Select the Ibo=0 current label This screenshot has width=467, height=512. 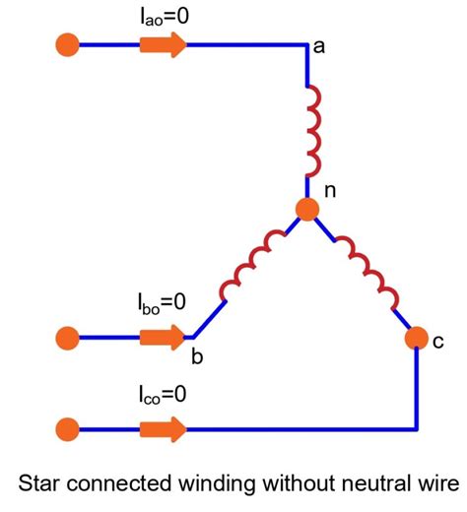pyautogui.click(x=162, y=305)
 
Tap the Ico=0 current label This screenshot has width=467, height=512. pyautogui.click(x=162, y=396)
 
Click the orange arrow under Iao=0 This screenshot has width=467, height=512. pyautogui.click(x=164, y=45)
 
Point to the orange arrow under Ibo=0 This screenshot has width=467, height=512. pyautogui.click(x=164, y=338)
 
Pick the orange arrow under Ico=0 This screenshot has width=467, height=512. pyautogui.click(x=164, y=429)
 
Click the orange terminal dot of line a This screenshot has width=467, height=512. pyautogui.click(x=67, y=45)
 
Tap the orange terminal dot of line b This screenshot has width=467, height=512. pyautogui.click(x=67, y=338)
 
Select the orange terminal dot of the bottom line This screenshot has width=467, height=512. pyautogui.click(x=67, y=429)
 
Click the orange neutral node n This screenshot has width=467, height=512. pyautogui.click(x=307, y=209)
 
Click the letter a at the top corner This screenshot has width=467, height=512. pyautogui.click(x=318, y=46)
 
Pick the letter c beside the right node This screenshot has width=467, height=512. pyautogui.click(x=438, y=341)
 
